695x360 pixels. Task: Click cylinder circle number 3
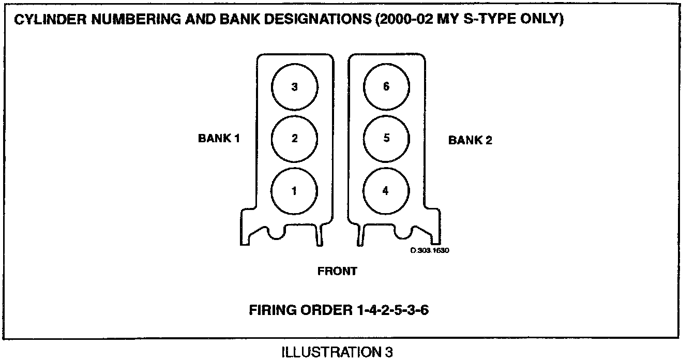[295, 87]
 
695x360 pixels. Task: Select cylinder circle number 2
[295, 139]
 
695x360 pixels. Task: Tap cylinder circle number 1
[295, 191]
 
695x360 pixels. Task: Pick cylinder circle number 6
[386, 87]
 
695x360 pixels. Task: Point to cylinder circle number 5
[386, 139]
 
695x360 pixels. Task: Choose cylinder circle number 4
[386, 191]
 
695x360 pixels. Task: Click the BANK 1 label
[219, 139]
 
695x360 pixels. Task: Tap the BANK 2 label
[470, 140]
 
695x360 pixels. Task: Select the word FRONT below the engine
[337, 271]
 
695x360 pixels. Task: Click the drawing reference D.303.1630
[429, 250]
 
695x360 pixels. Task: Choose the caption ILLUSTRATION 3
[337, 353]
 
